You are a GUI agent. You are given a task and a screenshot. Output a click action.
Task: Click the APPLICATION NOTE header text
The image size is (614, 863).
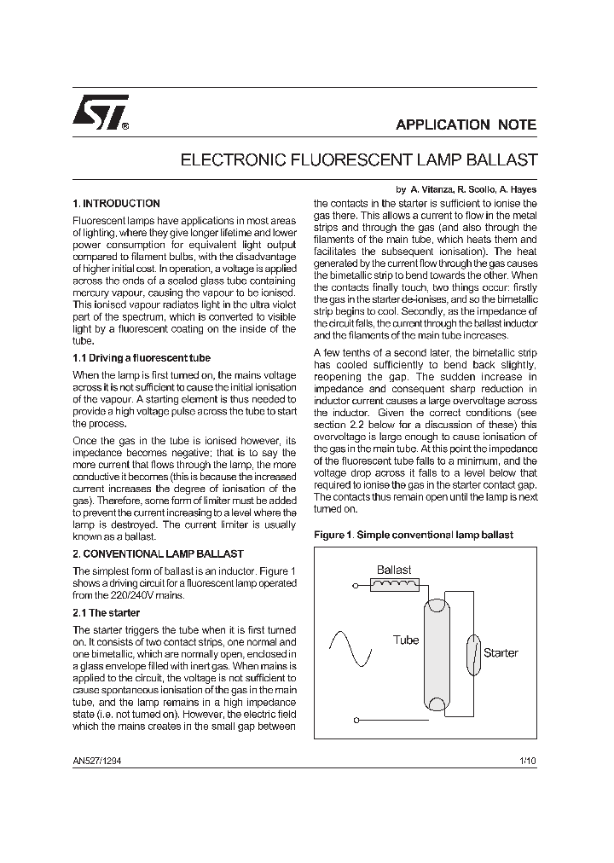coord(466,125)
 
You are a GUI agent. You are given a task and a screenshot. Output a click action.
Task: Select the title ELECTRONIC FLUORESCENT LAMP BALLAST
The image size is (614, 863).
coord(359,159)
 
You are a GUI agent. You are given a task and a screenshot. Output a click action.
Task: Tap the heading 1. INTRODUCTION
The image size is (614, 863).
coord(117,204)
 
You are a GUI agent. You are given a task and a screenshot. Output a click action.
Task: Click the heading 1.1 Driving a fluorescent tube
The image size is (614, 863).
coord(142,358)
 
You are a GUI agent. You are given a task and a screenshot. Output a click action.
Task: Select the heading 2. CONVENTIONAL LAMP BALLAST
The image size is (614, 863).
coord(158,553)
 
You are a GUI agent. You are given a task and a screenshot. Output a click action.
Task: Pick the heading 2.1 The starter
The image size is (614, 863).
coord(107,613)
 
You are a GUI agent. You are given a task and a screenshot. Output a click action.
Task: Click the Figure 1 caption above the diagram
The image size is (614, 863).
coord(414,535)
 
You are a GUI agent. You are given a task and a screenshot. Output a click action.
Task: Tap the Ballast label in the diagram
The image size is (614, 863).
coord(394,570)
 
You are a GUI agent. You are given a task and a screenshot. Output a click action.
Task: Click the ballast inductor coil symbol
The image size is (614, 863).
coord(395,585)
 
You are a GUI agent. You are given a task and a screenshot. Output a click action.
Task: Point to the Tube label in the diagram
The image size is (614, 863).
coord(406,640)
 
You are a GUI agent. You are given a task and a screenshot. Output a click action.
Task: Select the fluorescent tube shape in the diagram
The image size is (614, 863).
coord(437,655)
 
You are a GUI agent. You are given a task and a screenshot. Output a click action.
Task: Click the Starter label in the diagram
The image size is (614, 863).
coord(501,653)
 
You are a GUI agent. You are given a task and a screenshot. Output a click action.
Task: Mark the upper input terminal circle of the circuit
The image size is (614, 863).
coord(356,586)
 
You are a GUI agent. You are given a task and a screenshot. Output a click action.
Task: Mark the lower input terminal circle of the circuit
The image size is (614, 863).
coord(356,721)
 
